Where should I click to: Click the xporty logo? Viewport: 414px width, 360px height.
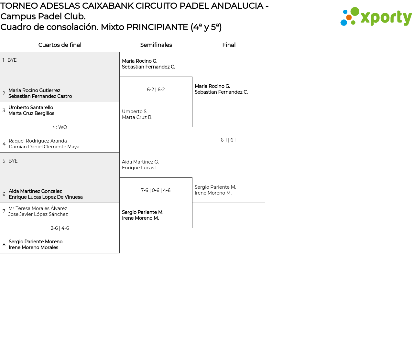[x=376, y=17]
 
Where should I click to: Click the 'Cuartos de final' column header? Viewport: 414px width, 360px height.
[x=60, y=45]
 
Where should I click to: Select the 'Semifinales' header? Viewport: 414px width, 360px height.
[x=156, y=45]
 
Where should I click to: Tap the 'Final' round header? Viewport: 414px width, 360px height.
[x=229, y=45]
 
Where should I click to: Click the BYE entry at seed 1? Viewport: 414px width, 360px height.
[x=12, y=60]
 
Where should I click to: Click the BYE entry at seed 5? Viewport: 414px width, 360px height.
[x=13, y=161]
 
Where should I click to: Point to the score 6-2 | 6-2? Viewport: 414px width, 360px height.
[x=156, y=90]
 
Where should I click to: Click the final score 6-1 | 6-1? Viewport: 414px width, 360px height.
[x=229, y=140]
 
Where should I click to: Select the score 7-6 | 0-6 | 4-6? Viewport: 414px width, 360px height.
[x=156, y=190]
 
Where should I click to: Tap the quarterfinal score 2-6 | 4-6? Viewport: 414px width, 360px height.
[x=60, y=228]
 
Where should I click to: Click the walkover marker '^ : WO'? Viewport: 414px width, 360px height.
[x=60, y=127]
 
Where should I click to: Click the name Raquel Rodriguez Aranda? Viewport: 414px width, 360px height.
[x=38, y=141]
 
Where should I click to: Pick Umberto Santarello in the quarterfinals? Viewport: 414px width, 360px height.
[x=31, y=108]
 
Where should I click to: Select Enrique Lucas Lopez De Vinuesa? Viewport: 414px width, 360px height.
[x=46, y=197]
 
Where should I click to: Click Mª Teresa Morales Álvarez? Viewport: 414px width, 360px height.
[x=38, y=208]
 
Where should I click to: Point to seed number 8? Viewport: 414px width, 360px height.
[x=4, y=245]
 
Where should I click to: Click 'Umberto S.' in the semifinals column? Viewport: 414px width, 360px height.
[x=135, y=111]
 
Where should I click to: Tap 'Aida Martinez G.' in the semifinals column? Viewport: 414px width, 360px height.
[x=140, y=162]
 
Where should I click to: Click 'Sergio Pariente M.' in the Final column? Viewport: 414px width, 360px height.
[x=215, y=187]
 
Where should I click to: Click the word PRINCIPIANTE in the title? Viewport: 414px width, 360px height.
[x=157, y=27]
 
